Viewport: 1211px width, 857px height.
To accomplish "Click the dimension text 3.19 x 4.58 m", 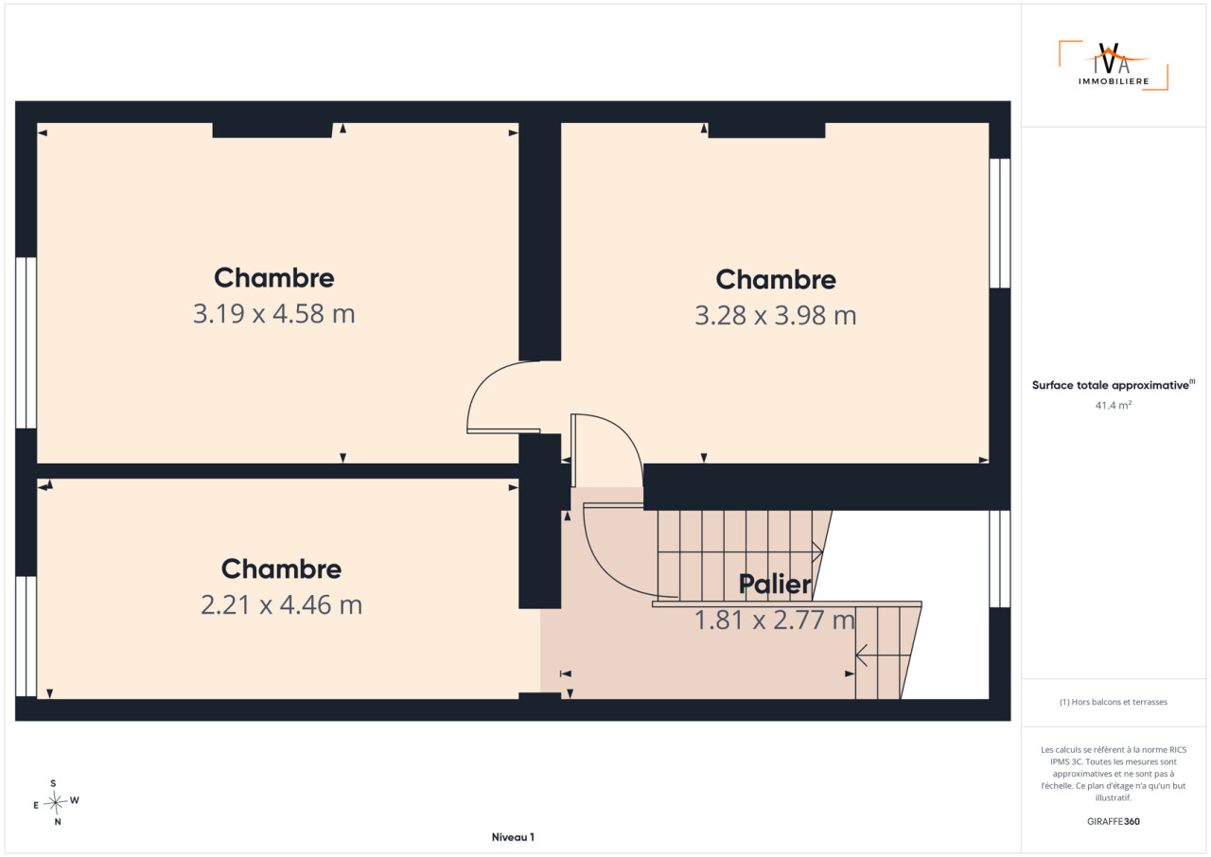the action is pos(274,314).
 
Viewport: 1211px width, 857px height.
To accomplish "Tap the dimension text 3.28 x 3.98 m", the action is pos(776,316).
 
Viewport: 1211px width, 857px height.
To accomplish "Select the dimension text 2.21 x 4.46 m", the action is pos(282,604).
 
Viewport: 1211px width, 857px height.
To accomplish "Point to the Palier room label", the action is pos(775,585).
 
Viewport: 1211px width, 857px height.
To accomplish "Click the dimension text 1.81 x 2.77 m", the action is pos(775,620).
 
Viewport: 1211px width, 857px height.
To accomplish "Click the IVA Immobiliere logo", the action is pos(1114,65).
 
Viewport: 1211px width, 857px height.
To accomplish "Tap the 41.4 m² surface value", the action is pos(1114,405).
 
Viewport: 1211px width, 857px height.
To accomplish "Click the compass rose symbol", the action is pos(56,802).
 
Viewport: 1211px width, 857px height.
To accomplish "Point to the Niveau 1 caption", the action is pos(513,837).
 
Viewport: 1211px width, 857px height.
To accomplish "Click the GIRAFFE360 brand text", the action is pos(1114,821).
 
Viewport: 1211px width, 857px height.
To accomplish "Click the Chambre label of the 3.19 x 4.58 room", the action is pos(274,278).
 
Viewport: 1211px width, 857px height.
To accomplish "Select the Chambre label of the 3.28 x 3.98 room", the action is pos(776,279).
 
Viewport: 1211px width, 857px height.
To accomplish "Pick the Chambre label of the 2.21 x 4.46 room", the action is pos(282,569).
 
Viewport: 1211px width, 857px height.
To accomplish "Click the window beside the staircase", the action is pos(1000,559).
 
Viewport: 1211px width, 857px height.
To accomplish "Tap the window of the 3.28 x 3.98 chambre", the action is pos(1000,222).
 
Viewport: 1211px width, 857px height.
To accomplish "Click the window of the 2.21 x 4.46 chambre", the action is pos(26,636).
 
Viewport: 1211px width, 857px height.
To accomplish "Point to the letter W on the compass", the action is pos(75,800).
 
